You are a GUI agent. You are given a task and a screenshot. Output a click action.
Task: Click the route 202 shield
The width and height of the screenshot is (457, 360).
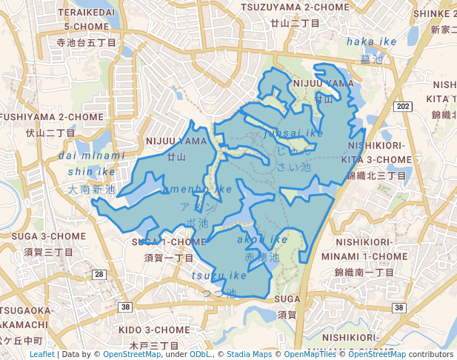click(x=403, y=107)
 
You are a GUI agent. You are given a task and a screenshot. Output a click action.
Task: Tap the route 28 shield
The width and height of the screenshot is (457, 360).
click(x=99, y=274)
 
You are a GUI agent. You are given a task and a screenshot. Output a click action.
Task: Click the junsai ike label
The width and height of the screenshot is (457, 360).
click(x=293, y=133)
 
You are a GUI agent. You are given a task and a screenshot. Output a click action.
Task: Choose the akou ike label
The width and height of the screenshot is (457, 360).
click(x=262, y=240)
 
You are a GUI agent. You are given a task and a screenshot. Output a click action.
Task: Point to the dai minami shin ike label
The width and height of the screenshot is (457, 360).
click(x=92, y=164)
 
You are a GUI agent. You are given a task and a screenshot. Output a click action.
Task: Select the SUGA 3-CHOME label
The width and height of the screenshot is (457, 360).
click(x=44, y=236)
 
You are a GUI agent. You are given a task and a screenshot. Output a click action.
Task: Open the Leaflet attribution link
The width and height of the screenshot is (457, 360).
click(x=41, y=355)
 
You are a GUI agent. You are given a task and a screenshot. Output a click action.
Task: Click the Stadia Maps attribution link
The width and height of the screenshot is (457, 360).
click(x=248, y=355)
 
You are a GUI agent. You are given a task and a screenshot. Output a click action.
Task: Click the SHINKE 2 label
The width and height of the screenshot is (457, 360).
click(x=435, y=13)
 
